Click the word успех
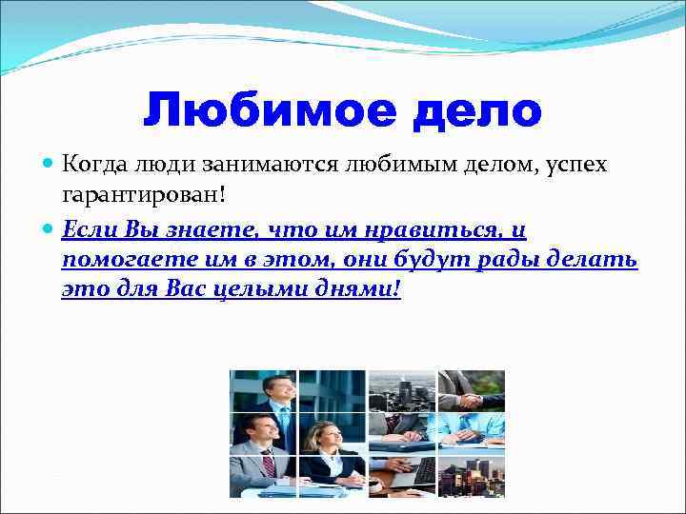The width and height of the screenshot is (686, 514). click(571, 166)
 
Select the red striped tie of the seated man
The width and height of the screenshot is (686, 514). click(270, 465)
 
